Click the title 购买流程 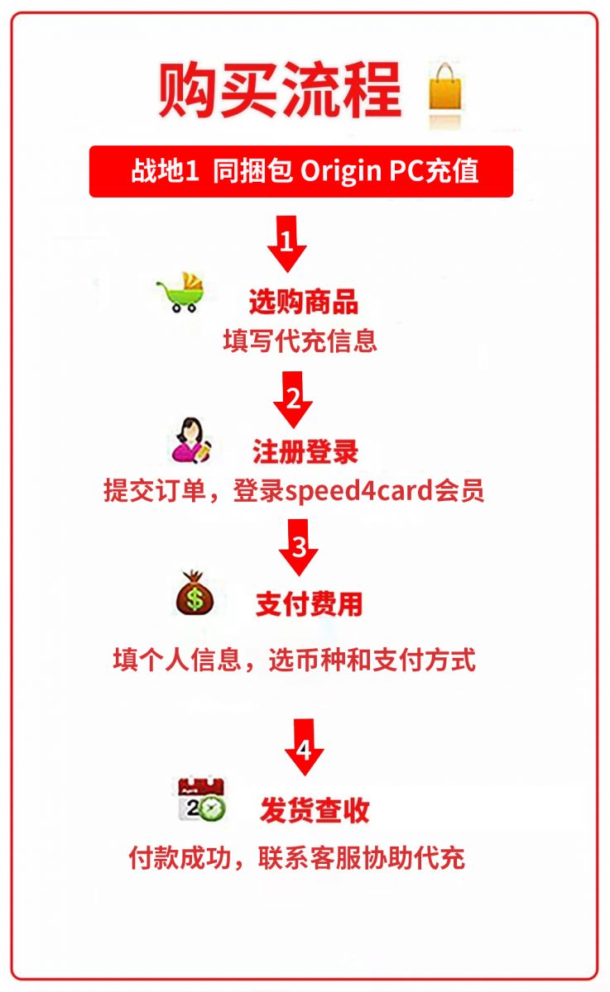pos(280,90)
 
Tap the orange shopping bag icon pos(445,88)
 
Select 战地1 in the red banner pos(165,170)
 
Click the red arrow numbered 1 pos(287,244)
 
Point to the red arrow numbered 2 pos(293,399)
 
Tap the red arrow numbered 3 pos(298,547)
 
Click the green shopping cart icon pos(181,293)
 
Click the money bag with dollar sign pos(194,594)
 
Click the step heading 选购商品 pos(304,302)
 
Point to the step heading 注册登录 pos(305,452)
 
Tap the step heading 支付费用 pos(309,604)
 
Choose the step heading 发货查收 pos(315,810)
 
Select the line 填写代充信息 pos(300,341)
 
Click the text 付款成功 pos(180,858)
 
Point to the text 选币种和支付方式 pos(372,660)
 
